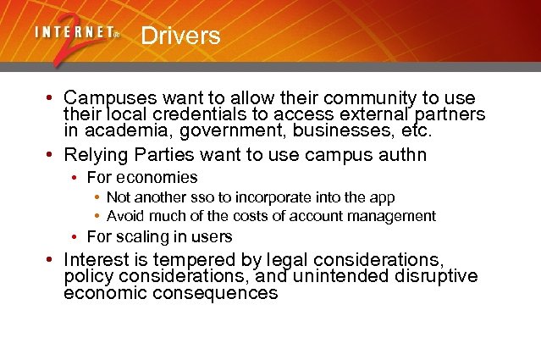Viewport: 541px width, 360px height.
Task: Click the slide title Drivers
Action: (x=180, y=36)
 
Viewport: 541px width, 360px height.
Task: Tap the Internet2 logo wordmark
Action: (x=77, y=34)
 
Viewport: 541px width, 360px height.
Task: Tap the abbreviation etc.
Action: (x=416, y=130)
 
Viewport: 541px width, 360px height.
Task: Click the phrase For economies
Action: (x=142, y=177)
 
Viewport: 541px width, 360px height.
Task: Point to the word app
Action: (x=383, y=197)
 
